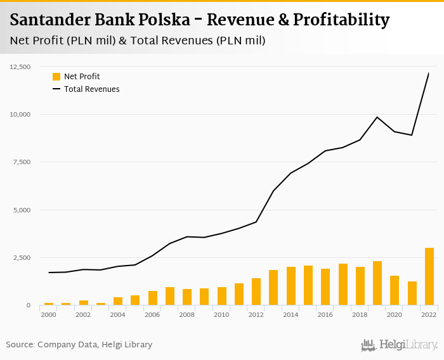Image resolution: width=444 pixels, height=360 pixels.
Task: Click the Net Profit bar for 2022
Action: coord(429,276)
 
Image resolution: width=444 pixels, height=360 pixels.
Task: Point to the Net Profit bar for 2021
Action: coord(412,293)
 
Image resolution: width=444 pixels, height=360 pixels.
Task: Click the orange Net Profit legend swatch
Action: coord(56,77)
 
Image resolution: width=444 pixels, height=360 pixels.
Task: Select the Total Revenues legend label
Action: coord(91,89)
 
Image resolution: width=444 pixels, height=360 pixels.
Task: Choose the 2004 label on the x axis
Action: coord(118,314)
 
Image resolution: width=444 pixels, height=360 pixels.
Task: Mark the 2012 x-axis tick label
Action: coord(256,314)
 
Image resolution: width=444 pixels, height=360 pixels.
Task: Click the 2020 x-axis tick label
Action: coord(395,314)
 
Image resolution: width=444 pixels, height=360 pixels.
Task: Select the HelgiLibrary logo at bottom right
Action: coord(399,345)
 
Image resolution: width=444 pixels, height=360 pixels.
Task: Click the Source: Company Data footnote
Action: coord(79,345)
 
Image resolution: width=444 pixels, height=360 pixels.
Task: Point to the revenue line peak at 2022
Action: coord(429,74)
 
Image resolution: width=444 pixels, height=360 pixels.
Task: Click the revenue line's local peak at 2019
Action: coord(377,117)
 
